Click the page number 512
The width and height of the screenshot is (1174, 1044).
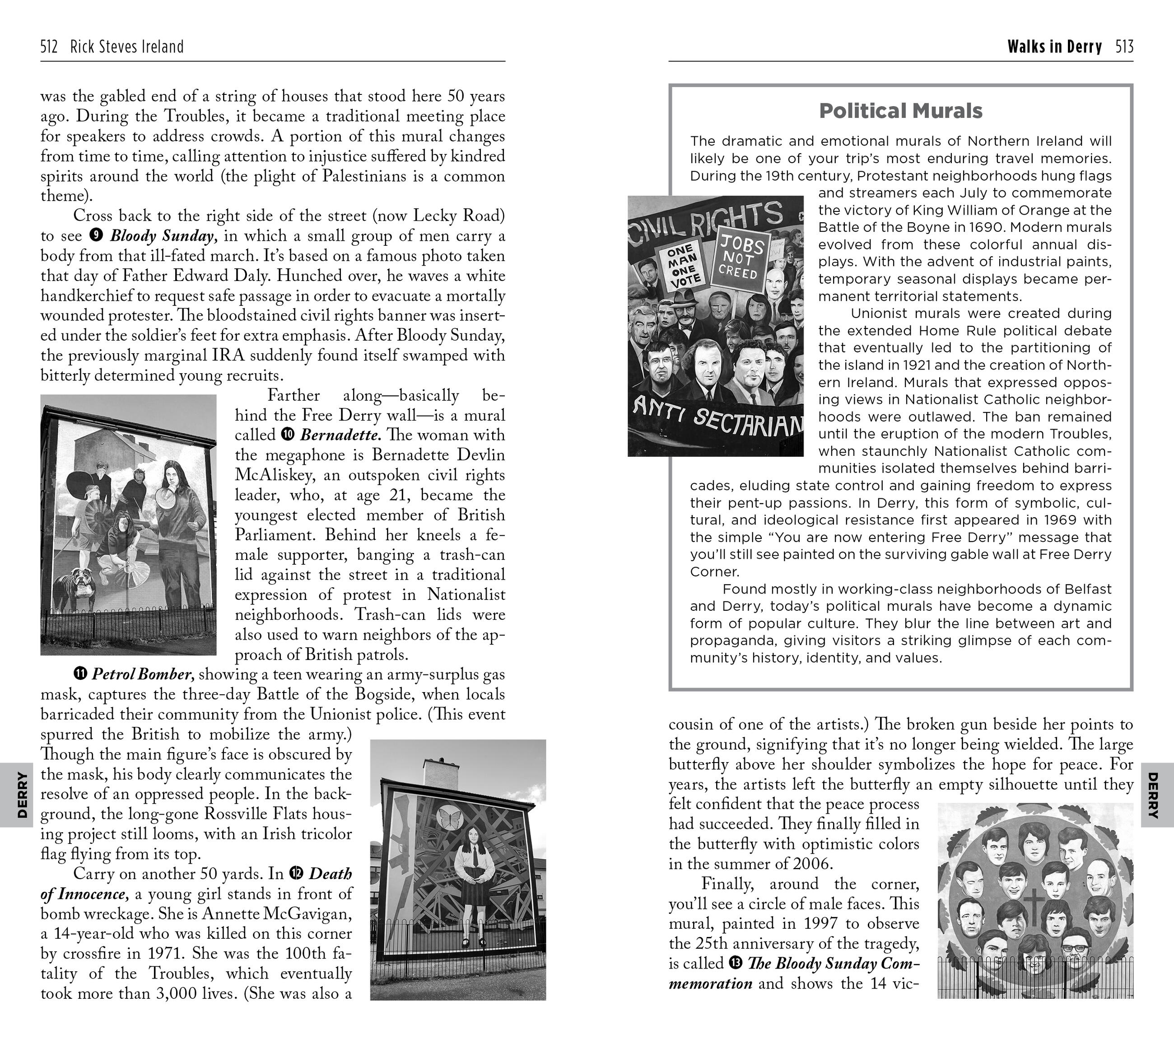[49, 47]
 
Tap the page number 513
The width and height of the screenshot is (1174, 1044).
[1124, 47]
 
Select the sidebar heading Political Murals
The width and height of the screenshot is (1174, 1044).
[901, 111]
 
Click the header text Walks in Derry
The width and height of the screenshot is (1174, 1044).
[1054, 47]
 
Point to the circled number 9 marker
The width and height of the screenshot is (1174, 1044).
[97, 235]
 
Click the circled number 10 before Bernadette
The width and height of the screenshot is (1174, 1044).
[288, 435]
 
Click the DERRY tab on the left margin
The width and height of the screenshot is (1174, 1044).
[21, 795]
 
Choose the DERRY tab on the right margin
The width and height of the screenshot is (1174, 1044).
[1152, 795]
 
